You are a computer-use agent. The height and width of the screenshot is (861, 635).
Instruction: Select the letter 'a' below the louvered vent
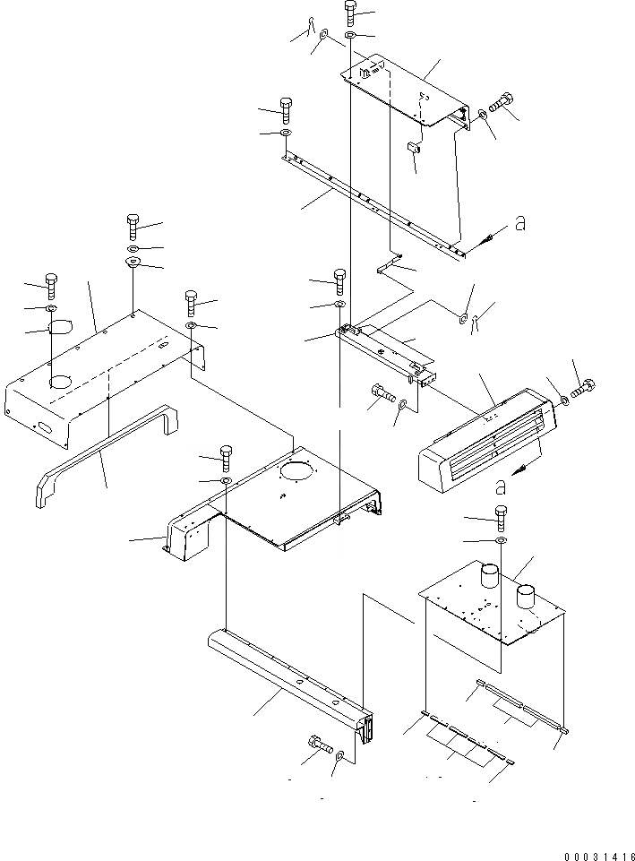tap(501, 486)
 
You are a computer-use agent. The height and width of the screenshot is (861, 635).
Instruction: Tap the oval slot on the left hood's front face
tap(42, 428)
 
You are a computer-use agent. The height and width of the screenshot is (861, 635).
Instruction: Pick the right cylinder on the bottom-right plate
tap(526, 594)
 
